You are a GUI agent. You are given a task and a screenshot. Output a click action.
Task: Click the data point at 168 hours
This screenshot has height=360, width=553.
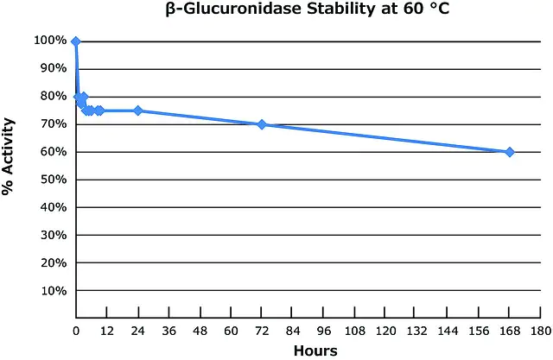(509, 152)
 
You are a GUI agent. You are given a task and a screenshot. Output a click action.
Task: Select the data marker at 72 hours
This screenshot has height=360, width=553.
(262, 124)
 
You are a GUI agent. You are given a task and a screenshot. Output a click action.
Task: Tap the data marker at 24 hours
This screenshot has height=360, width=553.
(138, 111)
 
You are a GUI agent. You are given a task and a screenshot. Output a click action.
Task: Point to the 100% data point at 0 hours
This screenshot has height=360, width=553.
(76, 41)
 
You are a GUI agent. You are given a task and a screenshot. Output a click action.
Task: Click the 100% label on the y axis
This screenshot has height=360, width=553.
(50, 41)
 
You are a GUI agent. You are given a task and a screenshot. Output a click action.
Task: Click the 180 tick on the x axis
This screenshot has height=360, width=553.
(539, 331)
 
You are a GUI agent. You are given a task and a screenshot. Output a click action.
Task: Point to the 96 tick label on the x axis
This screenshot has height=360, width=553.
(323, 331)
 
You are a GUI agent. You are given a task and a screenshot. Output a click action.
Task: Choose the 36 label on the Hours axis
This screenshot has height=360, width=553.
(168, 331)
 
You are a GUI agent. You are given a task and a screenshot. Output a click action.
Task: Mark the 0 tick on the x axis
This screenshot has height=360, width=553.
(76, 331)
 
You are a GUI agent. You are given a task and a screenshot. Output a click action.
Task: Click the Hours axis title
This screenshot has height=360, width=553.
(315, 351)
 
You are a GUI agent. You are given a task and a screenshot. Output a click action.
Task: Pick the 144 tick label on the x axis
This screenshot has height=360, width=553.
(447, 331)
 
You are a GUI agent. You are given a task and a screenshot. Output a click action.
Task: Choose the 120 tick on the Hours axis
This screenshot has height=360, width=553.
(385, 331)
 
